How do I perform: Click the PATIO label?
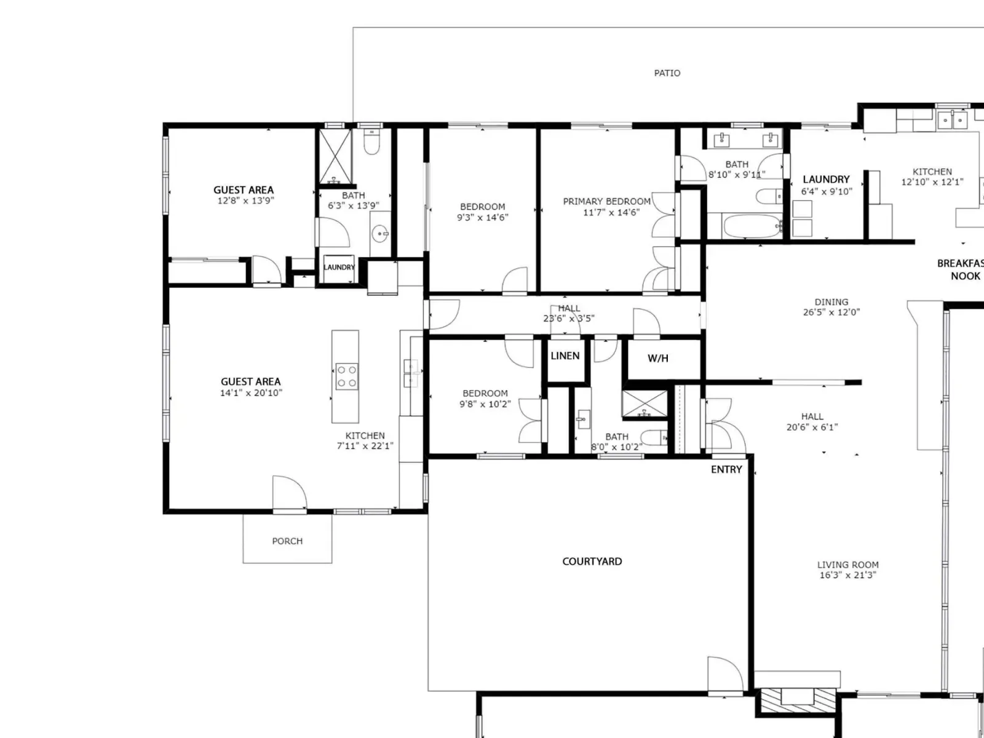(x=667, y=73)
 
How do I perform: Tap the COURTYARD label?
(x=592, y=561)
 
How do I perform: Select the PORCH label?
(x=287, y=541)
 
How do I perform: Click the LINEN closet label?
(x=565, y=356)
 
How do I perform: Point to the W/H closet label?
(x=658, y=358)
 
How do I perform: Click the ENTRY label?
(x=726, y=469)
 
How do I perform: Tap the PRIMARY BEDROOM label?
(x=606, y=202)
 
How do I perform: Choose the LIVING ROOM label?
(x=847, y=565)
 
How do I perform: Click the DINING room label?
(x=831, y=302)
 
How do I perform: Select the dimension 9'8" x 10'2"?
(x=485, y=404)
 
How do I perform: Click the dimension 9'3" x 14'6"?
(x=482, y=217)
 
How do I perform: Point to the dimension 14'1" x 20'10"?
(x=251, y=393)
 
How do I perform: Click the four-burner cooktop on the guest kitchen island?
(x=347, y=376)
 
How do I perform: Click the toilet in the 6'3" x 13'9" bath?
(x=371, y=141)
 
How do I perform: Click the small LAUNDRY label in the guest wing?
(x=339, y=267)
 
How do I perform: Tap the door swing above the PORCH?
(x=290, y=493)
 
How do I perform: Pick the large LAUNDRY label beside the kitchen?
(x=826, y=179)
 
